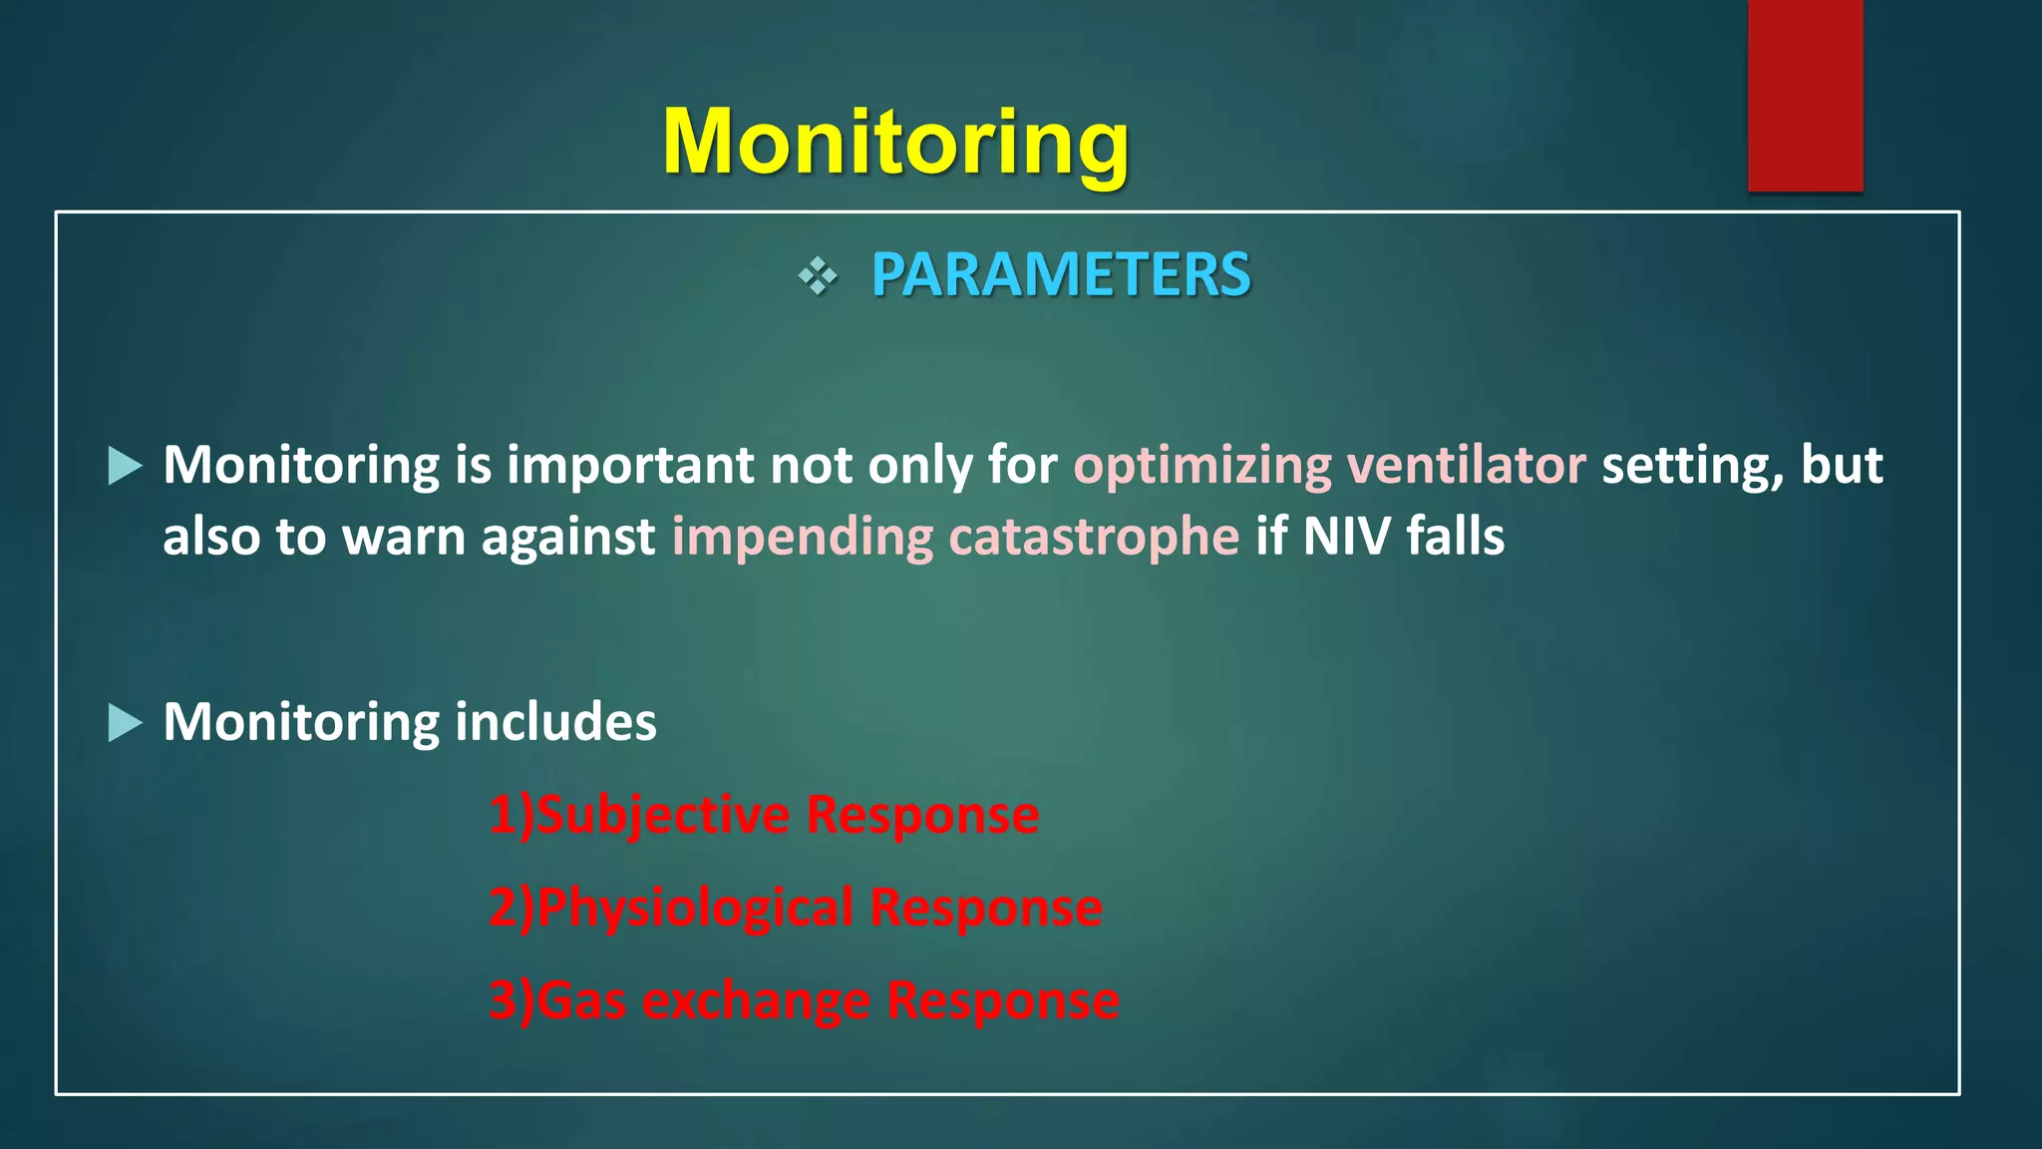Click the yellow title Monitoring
[895, 143]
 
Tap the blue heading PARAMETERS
[1060, 274]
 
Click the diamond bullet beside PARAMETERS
[818, 276]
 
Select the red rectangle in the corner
[1805, 95]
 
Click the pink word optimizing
[1201, 467]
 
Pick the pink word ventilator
[1466, 465]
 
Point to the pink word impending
[802, 539]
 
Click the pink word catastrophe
[1094, 539]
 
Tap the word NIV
[1346, 537]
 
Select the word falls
[1456, 537]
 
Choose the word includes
[555, 721]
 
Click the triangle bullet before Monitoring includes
[124, 722]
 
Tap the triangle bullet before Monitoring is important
[124, 466]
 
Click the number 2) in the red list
[511, 908]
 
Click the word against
[568, 539]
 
